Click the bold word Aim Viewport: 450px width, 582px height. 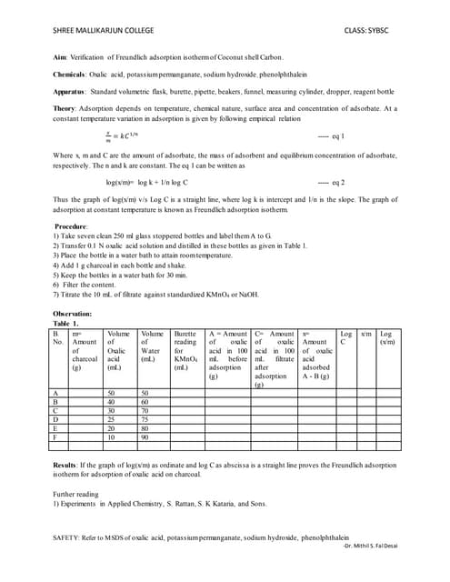click(62, 57)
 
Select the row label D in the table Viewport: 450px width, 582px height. click(58, 419)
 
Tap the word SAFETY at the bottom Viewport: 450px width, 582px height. click(69, 537)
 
